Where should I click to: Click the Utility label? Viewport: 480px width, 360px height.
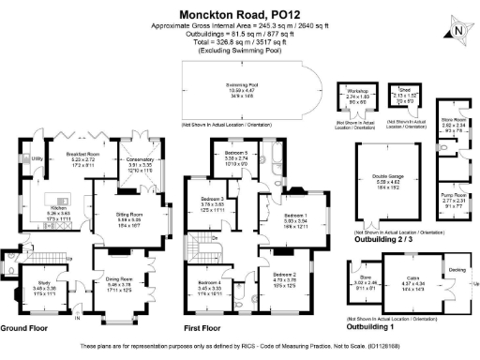37,159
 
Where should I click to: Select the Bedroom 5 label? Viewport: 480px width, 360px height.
235,153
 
